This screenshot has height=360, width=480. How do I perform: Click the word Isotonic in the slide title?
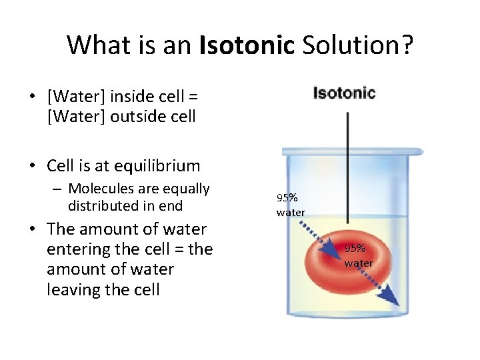[247, 45]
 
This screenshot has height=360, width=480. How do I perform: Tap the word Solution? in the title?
[357, 45]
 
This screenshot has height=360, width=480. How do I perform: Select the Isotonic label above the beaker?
[345, 93]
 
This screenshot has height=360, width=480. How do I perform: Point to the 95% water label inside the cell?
[358, 255]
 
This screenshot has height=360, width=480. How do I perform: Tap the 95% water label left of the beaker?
[291, 205]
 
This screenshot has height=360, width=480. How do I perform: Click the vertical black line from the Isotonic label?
[347, 167]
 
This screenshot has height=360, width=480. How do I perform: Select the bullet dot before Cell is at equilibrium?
[33, 166]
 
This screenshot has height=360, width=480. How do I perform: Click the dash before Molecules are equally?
[58, 189]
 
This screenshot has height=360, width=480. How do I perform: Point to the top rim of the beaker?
[353, 151]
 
